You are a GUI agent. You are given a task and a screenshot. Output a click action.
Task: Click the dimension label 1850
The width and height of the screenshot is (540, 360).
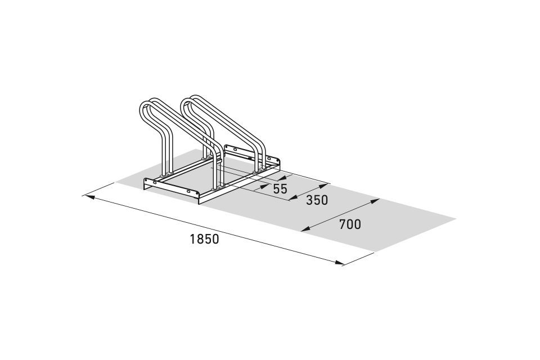coord(204,238)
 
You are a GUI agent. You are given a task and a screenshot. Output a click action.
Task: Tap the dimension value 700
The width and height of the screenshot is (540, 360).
coord(350,224)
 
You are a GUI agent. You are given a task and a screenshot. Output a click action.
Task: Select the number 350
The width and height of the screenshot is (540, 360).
coord(317,200)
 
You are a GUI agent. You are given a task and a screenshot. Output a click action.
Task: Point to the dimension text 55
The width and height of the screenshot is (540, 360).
coord(280,189)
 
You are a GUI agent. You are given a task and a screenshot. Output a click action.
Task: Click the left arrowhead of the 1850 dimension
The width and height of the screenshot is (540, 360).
coord(88,197)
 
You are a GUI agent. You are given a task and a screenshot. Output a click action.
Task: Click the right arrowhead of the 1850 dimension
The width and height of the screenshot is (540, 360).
coord(339,263)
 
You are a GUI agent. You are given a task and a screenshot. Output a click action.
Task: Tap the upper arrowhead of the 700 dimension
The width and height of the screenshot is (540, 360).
coord(375,201)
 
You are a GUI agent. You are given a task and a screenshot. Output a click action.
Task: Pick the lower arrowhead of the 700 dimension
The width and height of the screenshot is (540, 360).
coord(306,229)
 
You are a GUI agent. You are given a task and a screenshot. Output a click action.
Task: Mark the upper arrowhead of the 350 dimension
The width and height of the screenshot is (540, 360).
coord(324,186)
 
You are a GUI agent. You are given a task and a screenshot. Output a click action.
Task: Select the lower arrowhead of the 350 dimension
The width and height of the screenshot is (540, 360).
coord(292,198)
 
